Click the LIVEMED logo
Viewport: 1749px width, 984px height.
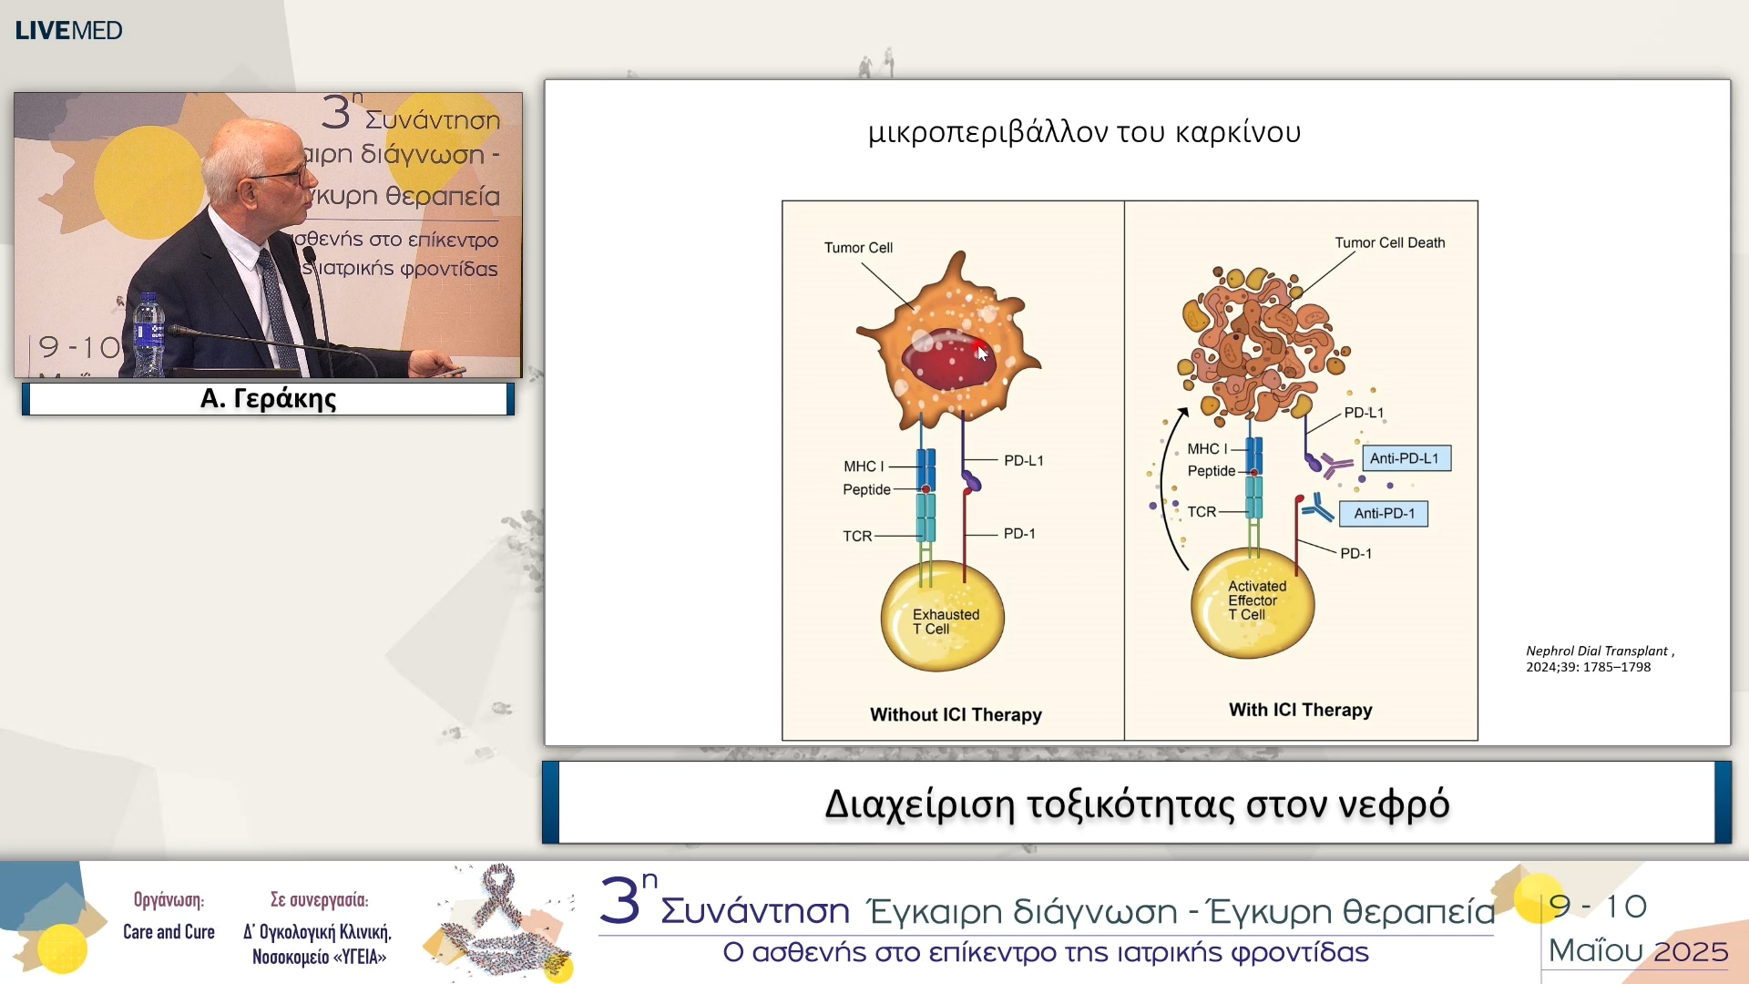click(x=68, y=30)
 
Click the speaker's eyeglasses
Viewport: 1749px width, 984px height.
click(x=287, y=174)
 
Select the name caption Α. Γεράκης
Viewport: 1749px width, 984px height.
click(x=268, y=399)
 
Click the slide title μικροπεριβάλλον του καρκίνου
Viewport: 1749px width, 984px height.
click(x=1084, y=133)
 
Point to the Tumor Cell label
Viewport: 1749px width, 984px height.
click(x=858, y=248)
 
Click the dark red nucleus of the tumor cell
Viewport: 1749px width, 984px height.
click(x=947, y=360)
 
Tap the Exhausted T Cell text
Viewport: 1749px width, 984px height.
click(x=946, y=621)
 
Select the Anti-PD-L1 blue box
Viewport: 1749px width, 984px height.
click(x=1406, y=458)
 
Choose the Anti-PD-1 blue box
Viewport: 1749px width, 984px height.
click(x=1384, y=514)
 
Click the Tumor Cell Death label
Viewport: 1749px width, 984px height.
click(x=1389, y=243)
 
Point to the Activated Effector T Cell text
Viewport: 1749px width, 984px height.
click(x=1256, y=600)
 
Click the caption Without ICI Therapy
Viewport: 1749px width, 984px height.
click(x=956, y=715)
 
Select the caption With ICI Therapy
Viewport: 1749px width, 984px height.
click(x=1300, y=711)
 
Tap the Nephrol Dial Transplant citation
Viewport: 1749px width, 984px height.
click(x=1599, y=659)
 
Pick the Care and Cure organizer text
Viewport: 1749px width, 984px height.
click(x=169, y=932)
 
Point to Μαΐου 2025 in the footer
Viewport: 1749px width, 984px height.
click(x=1638, y=951)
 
